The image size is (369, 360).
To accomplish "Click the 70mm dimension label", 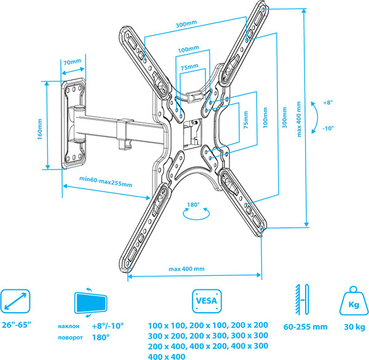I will [x=71, y=61].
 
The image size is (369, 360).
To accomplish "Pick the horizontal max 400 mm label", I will [x=186, y=268].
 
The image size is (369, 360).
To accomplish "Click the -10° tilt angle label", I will [x=327, y=128].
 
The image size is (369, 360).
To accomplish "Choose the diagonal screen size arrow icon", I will [x=15, y=301].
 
